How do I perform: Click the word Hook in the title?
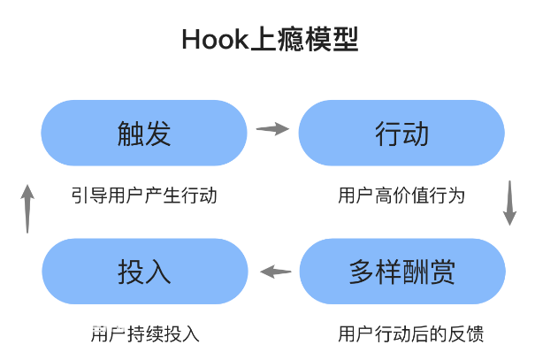[215, 40]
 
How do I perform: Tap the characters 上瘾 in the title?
[277, 39]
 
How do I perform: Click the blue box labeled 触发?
[144, 133]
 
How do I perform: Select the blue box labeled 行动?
[401, 133]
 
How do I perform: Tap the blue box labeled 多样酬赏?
[402, 272]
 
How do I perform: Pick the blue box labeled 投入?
[145, 272]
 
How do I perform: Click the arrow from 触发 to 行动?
[272, 129]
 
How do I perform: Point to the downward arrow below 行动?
[509, 203]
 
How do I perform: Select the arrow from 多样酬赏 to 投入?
[276, 272]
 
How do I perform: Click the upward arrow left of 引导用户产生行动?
[27, 209]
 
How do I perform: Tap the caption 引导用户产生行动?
[144, 195]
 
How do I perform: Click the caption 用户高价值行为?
[401, 195]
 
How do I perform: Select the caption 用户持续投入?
[145, 334]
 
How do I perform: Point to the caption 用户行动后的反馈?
[410, 334]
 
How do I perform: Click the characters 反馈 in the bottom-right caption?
[465, 334]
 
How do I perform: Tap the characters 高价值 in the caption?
[401, 195]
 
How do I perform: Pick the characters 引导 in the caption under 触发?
[89, 195]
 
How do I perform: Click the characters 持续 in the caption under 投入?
[145, 334]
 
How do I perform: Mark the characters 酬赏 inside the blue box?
[429, 272]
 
